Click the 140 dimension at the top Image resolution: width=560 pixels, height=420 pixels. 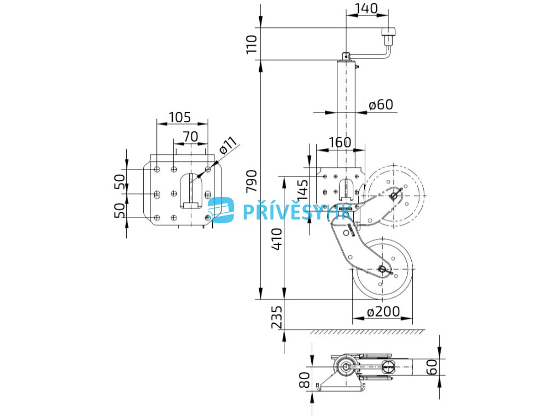coord(366,8)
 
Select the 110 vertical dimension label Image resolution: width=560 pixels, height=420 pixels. coord(252,44)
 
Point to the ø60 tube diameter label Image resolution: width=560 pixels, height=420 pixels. coord(381,104)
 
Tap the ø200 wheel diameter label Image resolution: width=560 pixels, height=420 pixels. coord(383,312)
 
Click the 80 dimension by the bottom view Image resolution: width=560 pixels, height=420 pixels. coord(304,378)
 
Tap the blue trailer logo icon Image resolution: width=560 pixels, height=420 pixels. coord(221,210)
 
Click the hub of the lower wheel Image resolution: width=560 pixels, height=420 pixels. coord(382,269)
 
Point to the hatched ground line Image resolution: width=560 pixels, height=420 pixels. coord(366,331)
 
